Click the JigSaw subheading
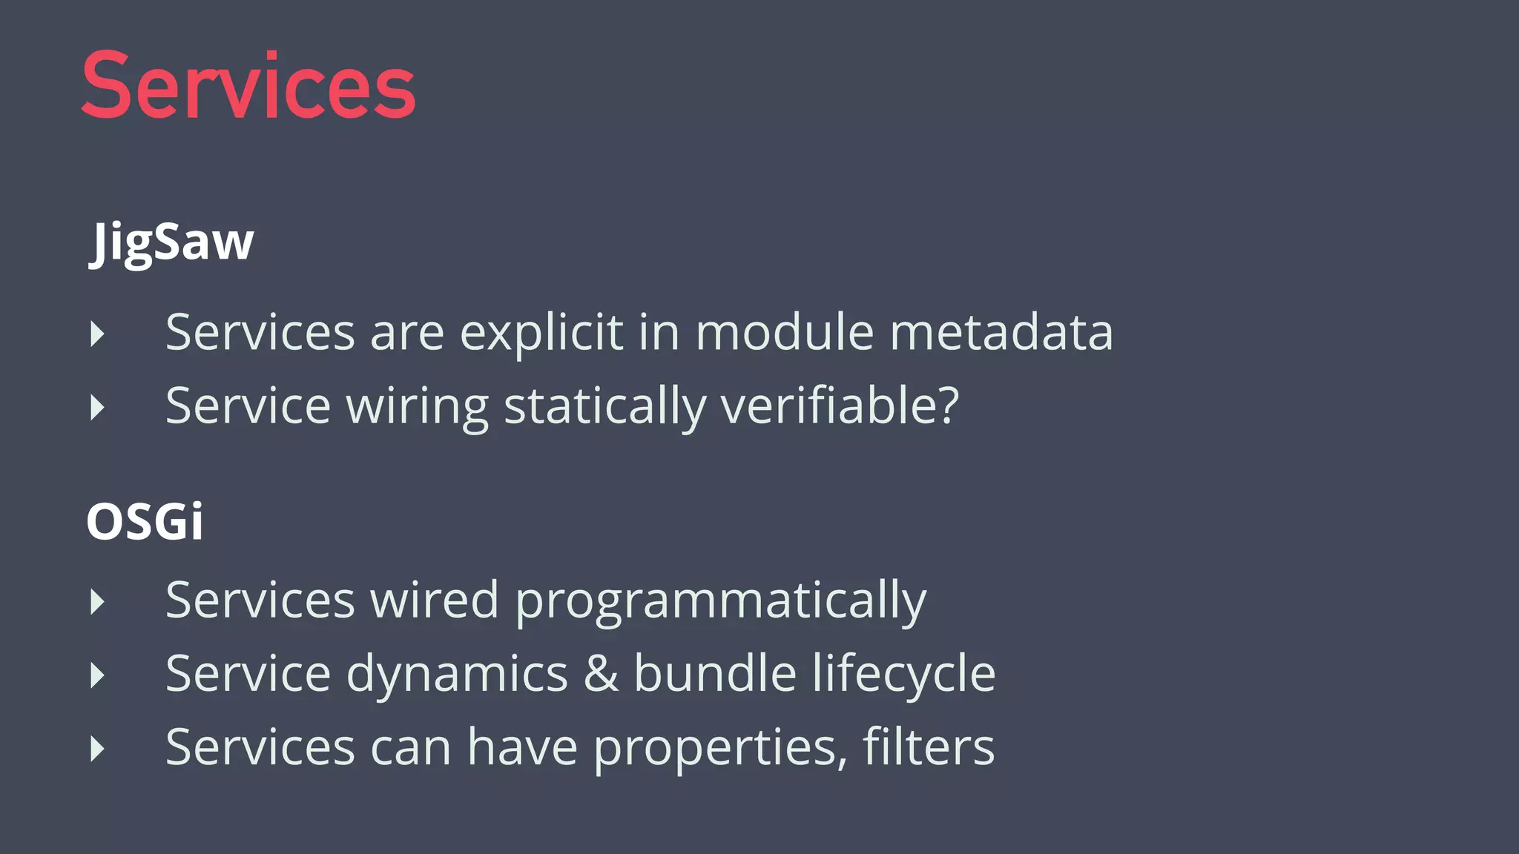pos(171,242)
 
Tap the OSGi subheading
pos(145,521)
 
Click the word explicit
pos(541,333)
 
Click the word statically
pos(604,407)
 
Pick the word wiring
pos(417,407)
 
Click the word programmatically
pos(720,601)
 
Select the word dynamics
pos(457,675)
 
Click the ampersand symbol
pos(601,674)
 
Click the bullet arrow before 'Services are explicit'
pos(97,334)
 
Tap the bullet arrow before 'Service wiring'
pos(97,408)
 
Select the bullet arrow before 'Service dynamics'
pos(97,675)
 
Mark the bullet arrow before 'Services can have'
pos(97,749)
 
